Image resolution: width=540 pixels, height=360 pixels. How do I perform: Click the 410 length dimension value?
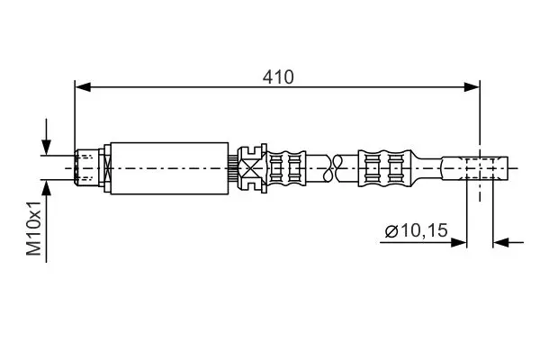[278, 77]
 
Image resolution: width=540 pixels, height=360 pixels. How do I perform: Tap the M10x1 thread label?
[34, 229]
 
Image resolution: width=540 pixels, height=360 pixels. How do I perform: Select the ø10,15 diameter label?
[417, 230]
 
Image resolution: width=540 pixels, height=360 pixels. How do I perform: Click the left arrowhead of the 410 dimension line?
[83, 87]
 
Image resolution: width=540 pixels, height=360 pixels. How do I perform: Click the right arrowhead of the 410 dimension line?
[472, 87]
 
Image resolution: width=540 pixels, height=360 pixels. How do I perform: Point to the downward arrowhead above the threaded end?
[46, 148]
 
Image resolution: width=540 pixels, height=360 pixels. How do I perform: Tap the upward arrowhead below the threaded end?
[46, 188]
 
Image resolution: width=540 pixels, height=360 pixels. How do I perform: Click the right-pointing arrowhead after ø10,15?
[459, 242]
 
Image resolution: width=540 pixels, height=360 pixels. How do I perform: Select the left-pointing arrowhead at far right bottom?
[501, 242]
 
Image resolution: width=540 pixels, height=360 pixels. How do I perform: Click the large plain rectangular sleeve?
[169, 168]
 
